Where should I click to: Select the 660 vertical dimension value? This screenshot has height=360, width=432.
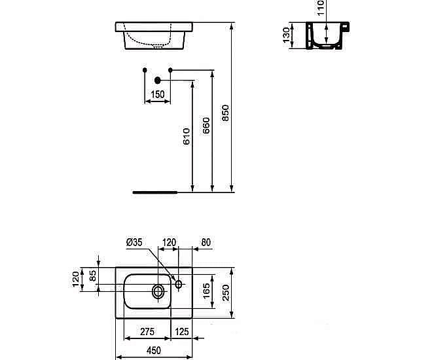coord(205,124)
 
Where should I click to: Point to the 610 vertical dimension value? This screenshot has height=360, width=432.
coord(186,137)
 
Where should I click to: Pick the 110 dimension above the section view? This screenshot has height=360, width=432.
coord(321,9)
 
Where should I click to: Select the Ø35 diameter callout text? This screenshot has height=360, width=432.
coord(134,243)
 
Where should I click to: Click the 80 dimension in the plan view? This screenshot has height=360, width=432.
coord(205,243)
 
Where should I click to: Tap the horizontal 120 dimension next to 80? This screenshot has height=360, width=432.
coord(170,243)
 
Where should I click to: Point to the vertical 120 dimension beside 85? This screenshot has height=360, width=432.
coord(75,279)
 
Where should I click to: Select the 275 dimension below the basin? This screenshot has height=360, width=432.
coord(145,331)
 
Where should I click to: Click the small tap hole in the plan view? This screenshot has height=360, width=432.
coord(178,283)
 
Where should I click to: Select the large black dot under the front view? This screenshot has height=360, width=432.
coord(157,81)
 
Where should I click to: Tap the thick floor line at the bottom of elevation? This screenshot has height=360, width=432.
coord(155,192)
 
